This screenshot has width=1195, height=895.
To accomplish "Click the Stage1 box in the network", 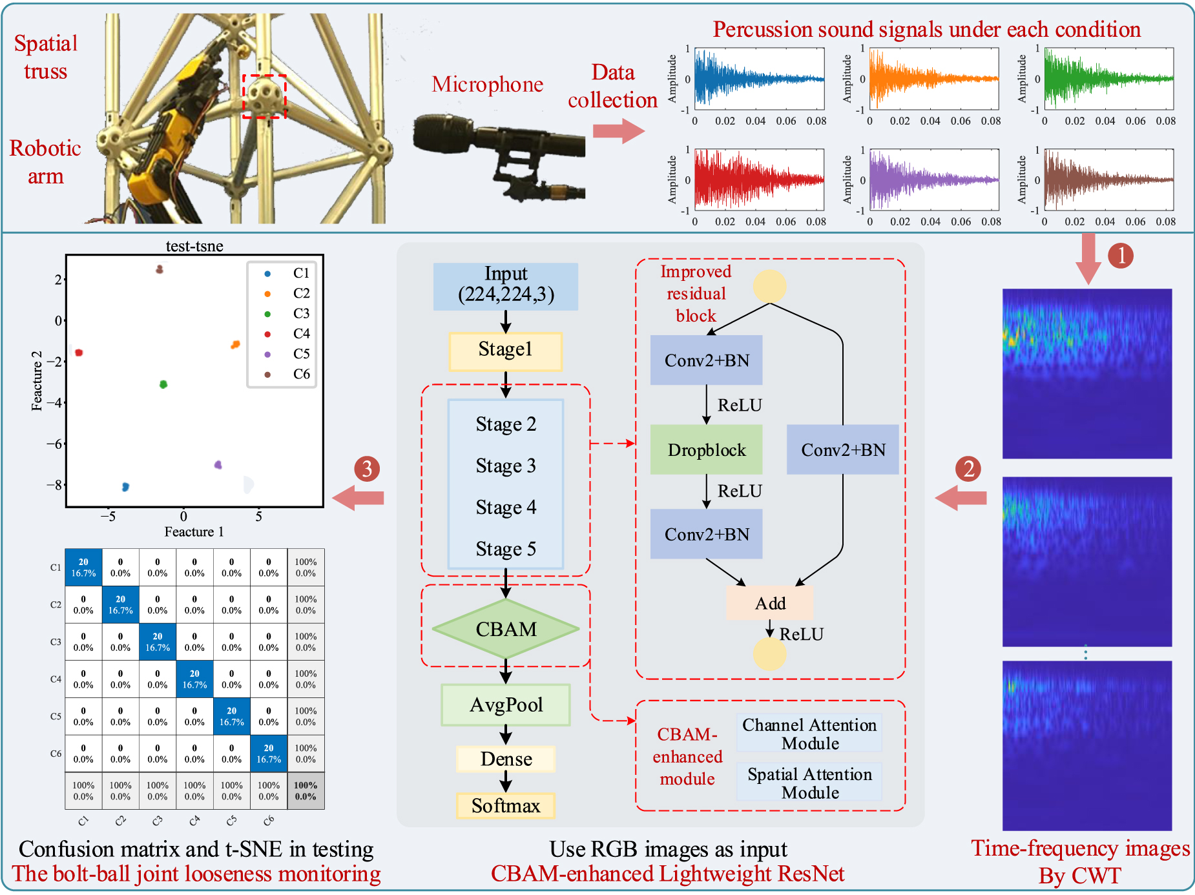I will tap(505, 351).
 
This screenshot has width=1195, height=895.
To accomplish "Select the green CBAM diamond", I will tap(506, 629).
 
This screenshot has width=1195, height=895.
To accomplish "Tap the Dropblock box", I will tap(706, 450).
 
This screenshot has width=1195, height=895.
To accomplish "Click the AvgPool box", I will tap(506, 705).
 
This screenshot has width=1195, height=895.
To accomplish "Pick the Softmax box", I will tap(506, 806).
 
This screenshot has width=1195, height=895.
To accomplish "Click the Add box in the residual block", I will tap(770, 603).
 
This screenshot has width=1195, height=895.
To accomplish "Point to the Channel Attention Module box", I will tap(809, 734).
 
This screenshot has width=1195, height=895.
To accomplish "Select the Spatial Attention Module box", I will tap(809, 783).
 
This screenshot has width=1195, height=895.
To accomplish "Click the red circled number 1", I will tap(1121, 256).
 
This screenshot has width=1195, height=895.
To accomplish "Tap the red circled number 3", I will tap(367, 469).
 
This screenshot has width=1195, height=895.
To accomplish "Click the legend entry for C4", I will tap(284, 334).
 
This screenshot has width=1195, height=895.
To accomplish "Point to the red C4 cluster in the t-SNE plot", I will tap(79, 353).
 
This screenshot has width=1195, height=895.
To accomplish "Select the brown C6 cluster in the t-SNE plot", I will tap(160, 269).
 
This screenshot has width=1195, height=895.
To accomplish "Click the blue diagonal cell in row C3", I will tap(158, 642).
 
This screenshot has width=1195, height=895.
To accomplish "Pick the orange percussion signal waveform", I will tap(933, 78).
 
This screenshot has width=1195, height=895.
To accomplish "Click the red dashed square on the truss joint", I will tap(264, 96).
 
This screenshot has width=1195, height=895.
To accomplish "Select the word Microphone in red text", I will tap(487, 85).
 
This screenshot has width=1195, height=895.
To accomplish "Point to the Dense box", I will tap(506, 759).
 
